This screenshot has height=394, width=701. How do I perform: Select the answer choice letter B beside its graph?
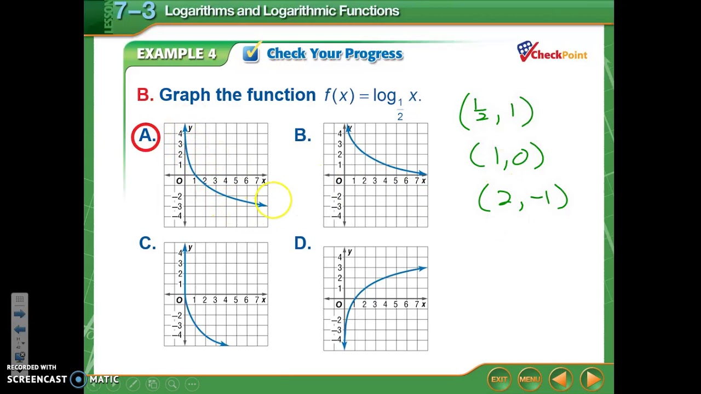302,135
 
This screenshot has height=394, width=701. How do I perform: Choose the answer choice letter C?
147,243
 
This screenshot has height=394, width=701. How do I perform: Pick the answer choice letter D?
302,243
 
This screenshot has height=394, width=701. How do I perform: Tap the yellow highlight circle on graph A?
273,200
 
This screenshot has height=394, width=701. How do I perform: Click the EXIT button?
499,379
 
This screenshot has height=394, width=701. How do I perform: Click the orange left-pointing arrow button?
560,379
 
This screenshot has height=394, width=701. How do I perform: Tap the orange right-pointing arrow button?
591,379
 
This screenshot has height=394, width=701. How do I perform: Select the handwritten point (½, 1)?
496,112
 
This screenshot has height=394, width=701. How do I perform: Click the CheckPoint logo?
551,53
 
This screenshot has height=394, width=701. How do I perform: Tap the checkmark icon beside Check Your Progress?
251,53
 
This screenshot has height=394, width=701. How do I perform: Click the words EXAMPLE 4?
176,54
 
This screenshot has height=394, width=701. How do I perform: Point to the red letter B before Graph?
145,95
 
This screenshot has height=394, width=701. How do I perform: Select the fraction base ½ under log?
400,109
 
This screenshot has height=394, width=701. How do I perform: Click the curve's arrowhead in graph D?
422,268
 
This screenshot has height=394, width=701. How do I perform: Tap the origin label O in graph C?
179,300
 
